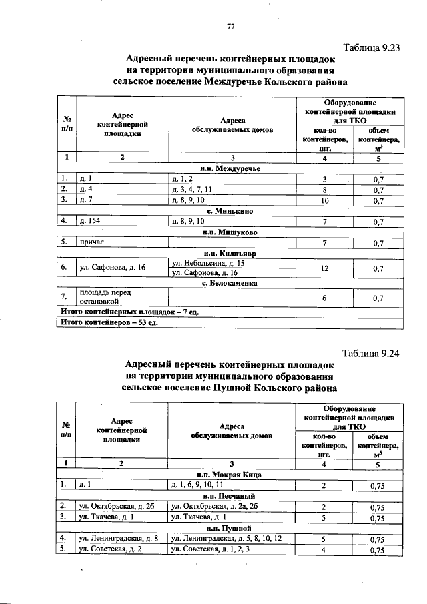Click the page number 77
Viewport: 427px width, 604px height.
pyautogui.click(x=231, y=27)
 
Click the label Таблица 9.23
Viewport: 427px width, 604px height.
pyautogui.click(x=371, y=48)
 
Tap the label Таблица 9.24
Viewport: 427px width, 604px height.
pyautogui.click(x=371, y=354)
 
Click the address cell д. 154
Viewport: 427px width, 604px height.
pyautogui.click(x=90, y=220)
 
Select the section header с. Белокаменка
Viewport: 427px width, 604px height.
pyautogui.click(x=230, y=284)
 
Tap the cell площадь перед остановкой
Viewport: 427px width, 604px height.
pyautogui.click(x=102, y=297)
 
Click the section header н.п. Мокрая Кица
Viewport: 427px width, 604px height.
pyautogui.click(x=230, y=475)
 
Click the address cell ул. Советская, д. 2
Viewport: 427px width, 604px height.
pyautogui.click(x=110, y=550)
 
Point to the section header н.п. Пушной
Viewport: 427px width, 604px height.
pyautogui.click(x=230, y=527)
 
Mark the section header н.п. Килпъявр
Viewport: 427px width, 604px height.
pyautogui.click(x=230, y=253)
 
